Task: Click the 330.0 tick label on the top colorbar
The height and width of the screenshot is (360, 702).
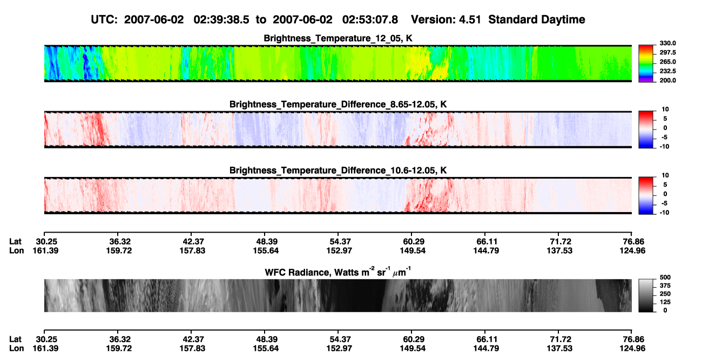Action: click(667, 43)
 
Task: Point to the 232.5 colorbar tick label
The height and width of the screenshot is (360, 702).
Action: click(667, 71)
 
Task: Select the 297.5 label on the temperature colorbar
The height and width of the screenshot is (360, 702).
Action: click(667, 53)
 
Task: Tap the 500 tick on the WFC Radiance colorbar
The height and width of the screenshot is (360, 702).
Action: click(665, 277)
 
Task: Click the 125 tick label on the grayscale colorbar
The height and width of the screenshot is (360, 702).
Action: click(665, 302)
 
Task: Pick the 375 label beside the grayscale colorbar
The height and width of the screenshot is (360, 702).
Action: click(665, 286)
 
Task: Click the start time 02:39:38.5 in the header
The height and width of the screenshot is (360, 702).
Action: click(221, 19)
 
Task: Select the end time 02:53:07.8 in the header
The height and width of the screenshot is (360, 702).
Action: click(370, 19)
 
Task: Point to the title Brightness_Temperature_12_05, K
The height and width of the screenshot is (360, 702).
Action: click(338, 38)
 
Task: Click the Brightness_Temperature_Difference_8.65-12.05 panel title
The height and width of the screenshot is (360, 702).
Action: click(338, 104)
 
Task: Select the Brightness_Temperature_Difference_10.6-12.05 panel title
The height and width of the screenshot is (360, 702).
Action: click(338, 171)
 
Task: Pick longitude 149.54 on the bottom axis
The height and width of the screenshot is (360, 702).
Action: click(413, 349)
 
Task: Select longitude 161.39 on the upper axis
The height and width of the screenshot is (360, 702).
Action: click(45, 250)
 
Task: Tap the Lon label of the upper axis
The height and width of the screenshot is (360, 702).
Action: click(16, 250)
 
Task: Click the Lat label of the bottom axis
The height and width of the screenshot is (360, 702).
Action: click(15, 339)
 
